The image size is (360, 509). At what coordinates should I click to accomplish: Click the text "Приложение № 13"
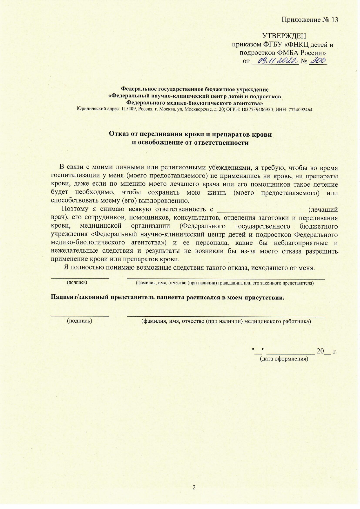[310, 20]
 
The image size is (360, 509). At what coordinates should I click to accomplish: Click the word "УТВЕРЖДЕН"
[284, 36]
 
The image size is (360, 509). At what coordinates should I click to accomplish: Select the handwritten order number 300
[318, 61]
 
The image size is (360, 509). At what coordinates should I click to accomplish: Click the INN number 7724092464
[300, 110]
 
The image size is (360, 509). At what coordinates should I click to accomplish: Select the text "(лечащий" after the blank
[323, 209]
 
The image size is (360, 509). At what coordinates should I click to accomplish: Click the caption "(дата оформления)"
[284, 359]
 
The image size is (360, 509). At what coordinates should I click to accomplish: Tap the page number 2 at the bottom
[194, 487]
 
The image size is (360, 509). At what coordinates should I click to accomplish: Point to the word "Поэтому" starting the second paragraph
[75, 209]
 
